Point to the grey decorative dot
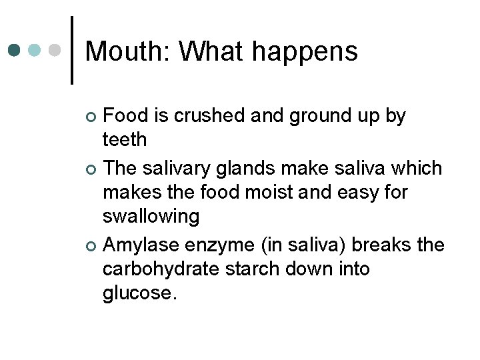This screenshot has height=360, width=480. point(56,51)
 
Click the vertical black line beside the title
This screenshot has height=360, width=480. point(72,51)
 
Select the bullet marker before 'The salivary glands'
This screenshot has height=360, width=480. point(91,169)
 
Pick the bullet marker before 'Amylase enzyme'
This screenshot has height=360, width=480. point(91,245)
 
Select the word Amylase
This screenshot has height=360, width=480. point(141,243)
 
